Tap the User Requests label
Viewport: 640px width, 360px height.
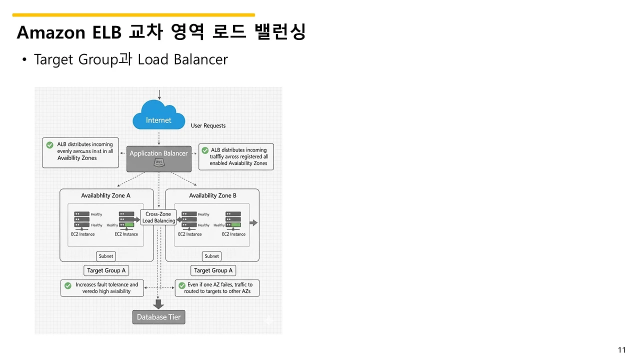pyautogui.click(x=208, y=125)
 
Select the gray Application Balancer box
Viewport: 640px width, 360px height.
pyautogui.click(x=158, y=153)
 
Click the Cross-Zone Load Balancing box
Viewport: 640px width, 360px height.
pyautogui.click(x=158, y=217)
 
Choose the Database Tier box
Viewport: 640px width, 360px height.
pyautogui.click(x=158, y=317)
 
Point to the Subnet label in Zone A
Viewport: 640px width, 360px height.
pyautogui.click(x=106, y=256)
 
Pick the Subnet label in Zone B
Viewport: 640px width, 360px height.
pyautogui.click(x=211, y=256)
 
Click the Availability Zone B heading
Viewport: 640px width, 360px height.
pyautogui.click(x=212, y=195)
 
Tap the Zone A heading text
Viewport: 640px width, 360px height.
pyautogui.click(x=105, y=195)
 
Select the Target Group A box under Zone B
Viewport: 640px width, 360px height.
pyautogui.click(x=213, y=270)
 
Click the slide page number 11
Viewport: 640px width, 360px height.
pyautogui.click(x=622, y=349)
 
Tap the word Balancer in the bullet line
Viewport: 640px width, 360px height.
pyautogui.click(x=201, y=59)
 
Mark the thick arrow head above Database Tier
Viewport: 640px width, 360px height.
pyautogui.click(x=158, y=304)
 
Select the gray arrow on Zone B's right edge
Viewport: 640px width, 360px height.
pyautogui.click(x=253, y=223)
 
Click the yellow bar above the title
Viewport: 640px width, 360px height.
pyautogui.click(x=133, y=15)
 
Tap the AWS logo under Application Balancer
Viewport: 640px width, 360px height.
pyautogui.click(x=159, y=162)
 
